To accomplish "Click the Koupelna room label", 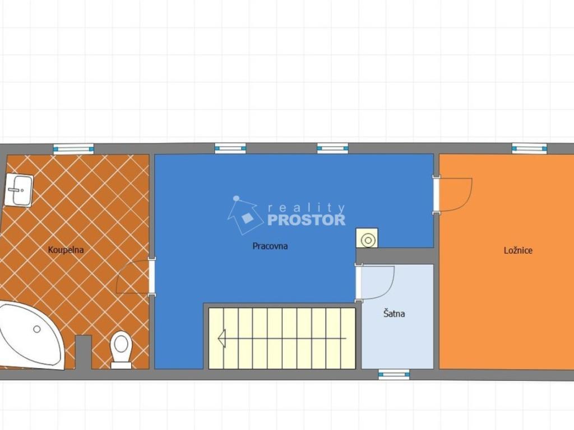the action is pos(66,250).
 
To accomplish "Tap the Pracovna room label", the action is pos(270,246).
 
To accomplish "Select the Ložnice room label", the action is pos(518,250).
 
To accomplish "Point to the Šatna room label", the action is pos(394,314).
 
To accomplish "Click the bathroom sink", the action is pos(19,190).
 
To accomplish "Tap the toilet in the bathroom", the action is pos(121,350).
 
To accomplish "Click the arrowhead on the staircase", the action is pos(221,338).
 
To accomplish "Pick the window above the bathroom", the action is pos(73,149).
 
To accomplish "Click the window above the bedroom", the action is pos(529,148).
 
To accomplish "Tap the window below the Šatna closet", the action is pos(394,374).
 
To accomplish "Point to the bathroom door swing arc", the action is pos(124,270).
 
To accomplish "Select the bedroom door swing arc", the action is pos(464,199).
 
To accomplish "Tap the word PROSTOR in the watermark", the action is pos(307,219).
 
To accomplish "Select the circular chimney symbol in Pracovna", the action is pos(367,239).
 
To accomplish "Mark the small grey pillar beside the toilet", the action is pos(83,352).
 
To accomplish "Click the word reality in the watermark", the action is pos(307,208).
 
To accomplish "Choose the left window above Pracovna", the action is pos(230,148).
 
